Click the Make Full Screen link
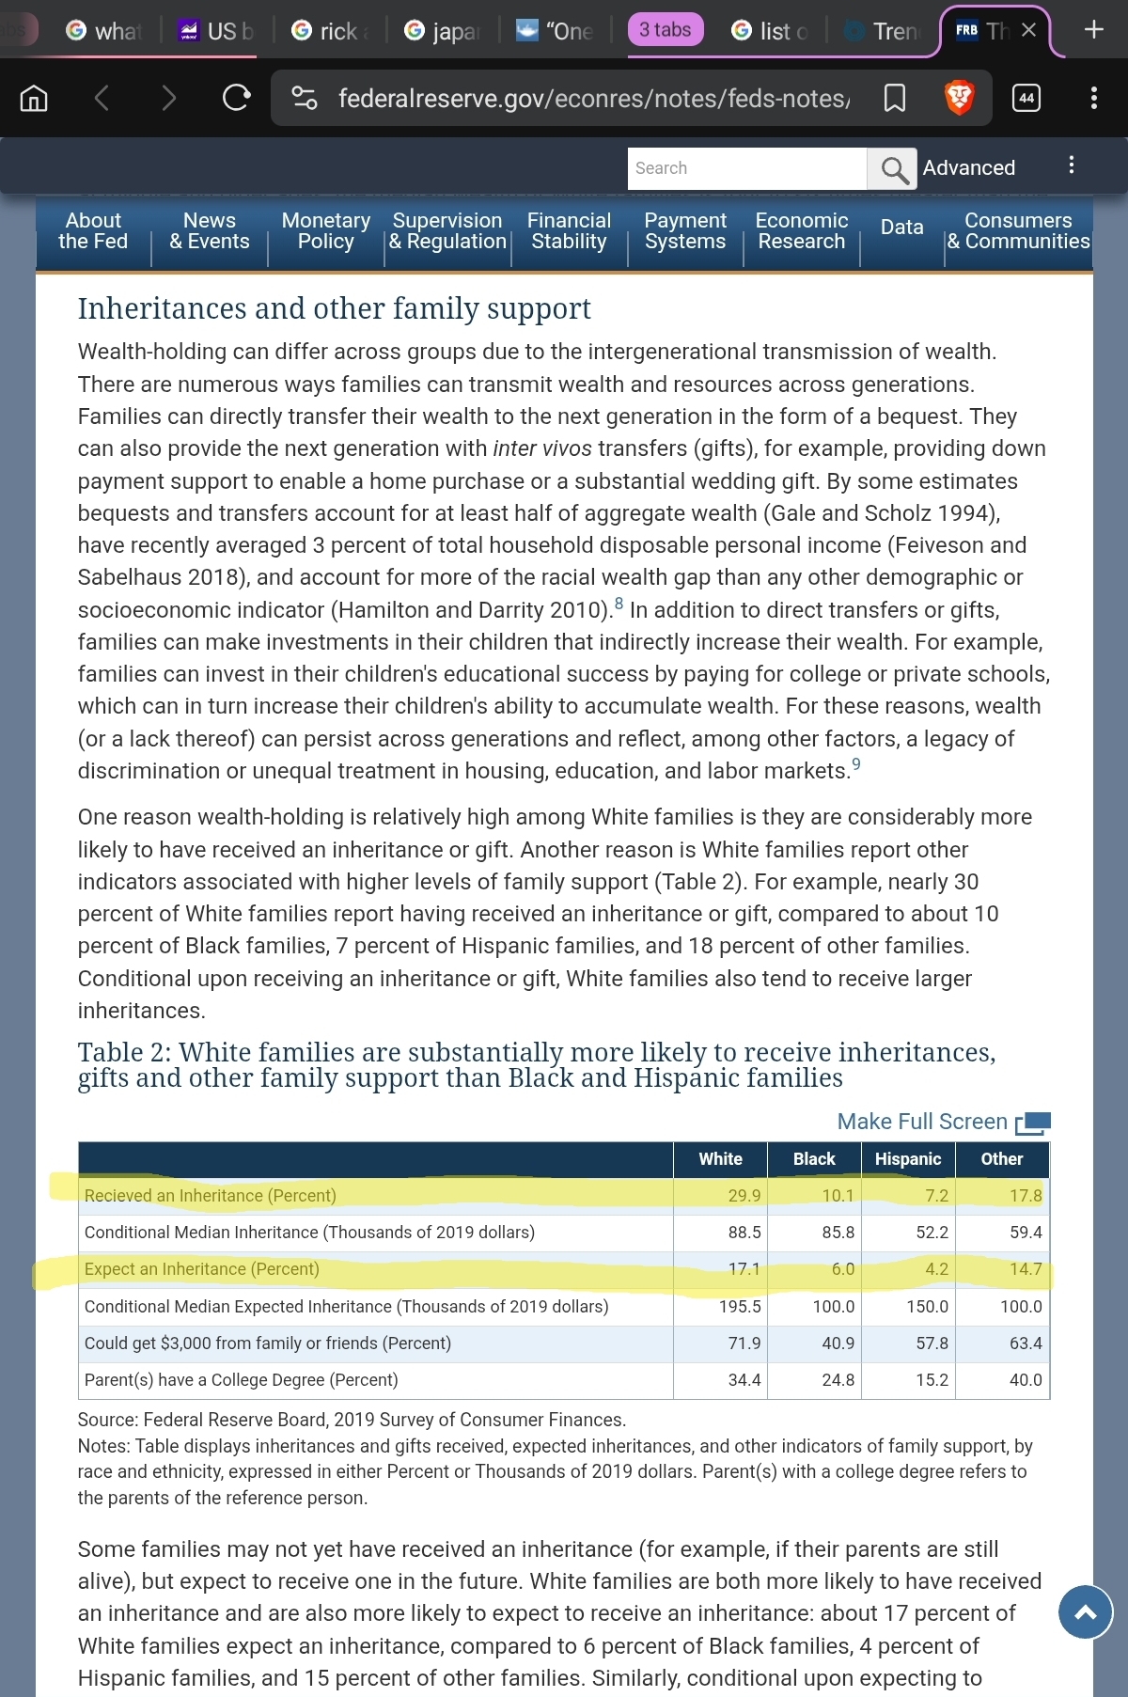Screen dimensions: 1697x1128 pyautogui.click(x=942, y=1122)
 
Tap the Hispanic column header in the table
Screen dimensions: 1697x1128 pyautogui.click(x=907, y=1159)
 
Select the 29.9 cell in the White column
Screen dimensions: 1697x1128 pyautogui.click(x=744, y=1196)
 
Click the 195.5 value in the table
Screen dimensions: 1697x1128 pyautogui.click(x=740, y=1307)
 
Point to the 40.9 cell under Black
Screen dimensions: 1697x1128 pyautogui.click(x=838, y=1343)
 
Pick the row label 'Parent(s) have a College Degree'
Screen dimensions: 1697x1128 pyautogui.click(x=241, y=1380)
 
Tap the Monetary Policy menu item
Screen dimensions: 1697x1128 pyautogui.click(x=325, y=231)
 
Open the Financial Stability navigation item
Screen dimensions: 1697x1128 pyautogui.click(x=569, y=231)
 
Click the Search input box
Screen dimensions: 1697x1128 pyautogui.click(x=746, y=168)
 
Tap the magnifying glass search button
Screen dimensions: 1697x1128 pyautogui.click(x=892, y=169)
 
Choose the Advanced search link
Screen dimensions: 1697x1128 pyautogui.click(x=968, y=168)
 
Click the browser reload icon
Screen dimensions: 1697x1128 pyautogui.click(x=236, y=98)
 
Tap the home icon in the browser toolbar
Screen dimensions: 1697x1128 pyautogui.click(x=34, y=98)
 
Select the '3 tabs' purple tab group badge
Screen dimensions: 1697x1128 pyautogui.click(x=665, y=30)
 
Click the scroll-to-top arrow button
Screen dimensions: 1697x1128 pyautogui.click(x=1085, y=1612)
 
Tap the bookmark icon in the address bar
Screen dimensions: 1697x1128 pyautogui.click(x=894, y=98)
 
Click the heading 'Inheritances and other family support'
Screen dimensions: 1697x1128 pyautogui.click(x=334, y=308)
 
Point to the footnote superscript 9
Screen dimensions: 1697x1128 pyautogui.click(x=855, y=764)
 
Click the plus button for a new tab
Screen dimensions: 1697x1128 pyautogui.click(x=1093, y=30)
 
